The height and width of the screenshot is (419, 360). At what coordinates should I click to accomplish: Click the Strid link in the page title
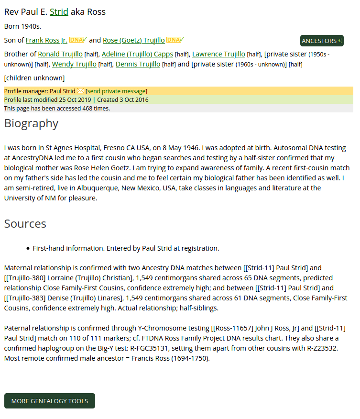[59, 12]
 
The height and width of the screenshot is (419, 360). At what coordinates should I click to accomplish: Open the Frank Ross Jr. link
[46, 40]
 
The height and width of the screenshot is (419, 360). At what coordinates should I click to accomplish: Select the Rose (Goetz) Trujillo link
[133, 40]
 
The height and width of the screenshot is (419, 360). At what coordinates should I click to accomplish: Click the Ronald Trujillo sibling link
[60, 54]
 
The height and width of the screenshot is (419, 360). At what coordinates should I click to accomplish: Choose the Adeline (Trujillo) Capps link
[137, 54]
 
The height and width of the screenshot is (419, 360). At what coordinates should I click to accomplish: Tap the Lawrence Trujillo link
[218, 54]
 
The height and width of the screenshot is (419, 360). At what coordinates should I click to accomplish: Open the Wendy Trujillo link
[74, 64]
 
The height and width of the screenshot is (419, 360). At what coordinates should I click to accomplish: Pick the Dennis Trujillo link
[138, 64]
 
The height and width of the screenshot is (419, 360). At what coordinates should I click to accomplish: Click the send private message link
[116, 91]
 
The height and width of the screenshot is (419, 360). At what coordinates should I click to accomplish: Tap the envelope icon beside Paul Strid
[80, 91]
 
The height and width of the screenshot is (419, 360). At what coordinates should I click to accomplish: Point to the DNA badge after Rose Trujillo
[175, 40]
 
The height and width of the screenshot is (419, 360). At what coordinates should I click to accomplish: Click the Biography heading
[31, 123]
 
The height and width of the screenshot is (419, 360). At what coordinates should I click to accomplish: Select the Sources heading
[25, 224]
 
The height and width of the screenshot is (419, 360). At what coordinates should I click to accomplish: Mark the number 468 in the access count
[87, 109]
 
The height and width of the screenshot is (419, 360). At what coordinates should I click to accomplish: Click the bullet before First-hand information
[28, 249]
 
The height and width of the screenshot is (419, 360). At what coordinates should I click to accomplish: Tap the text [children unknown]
[34, 78]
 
